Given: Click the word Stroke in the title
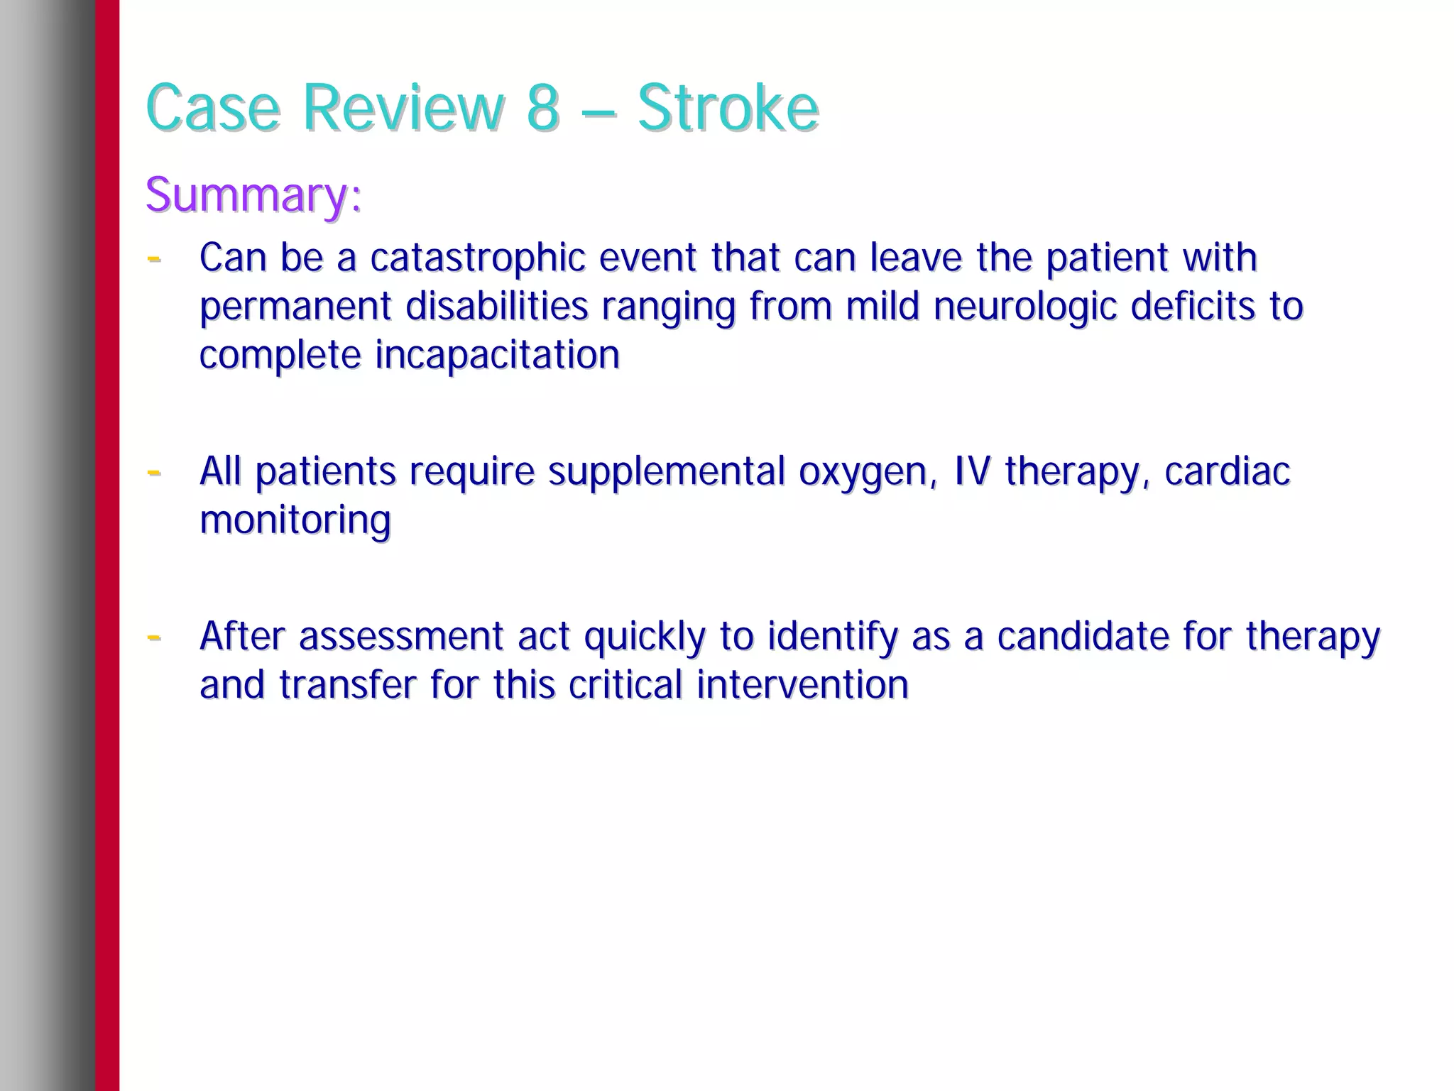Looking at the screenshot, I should (728, 108).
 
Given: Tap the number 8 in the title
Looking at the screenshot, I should (542, 108).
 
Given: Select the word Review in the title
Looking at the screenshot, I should (404, 108).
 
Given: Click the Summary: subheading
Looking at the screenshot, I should (253, 194).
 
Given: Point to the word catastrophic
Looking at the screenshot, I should (477, 258).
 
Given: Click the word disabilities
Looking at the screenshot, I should (496, 307).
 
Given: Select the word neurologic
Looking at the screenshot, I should (1024, 307).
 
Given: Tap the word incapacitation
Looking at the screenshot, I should (497, 355).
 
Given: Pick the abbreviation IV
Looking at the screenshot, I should (971, 471).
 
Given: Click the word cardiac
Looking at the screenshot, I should (1227, 472).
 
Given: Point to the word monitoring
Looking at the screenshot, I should (295, 521).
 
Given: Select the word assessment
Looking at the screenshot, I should (400, 637).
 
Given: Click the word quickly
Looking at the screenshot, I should (645, 637).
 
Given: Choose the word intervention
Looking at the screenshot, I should (802, 685).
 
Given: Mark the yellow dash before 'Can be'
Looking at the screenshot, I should (153, 259).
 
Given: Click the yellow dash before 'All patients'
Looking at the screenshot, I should (153, 472).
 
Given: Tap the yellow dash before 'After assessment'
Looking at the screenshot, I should (153, 637).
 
